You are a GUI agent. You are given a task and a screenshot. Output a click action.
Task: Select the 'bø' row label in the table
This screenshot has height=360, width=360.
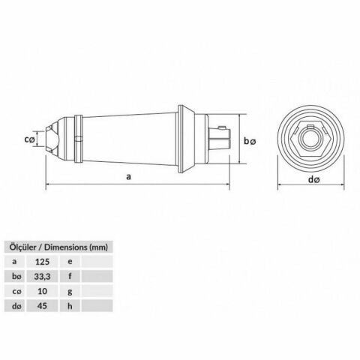(15, 276)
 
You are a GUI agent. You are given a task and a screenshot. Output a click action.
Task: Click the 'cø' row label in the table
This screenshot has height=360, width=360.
(15, 290)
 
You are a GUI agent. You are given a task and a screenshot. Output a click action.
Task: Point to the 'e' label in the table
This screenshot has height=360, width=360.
(70, 262)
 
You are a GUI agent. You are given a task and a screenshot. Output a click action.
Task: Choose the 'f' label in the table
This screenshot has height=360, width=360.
(70, 276)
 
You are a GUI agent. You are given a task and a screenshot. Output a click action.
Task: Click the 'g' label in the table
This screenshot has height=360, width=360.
(70, 290)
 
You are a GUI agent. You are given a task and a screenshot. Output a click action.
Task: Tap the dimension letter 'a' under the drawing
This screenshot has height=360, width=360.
(129, 178)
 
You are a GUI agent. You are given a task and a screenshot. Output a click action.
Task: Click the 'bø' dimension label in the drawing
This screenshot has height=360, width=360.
(250, 141)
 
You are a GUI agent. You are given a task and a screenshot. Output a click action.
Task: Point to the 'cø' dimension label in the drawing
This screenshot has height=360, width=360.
(29, 139)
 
